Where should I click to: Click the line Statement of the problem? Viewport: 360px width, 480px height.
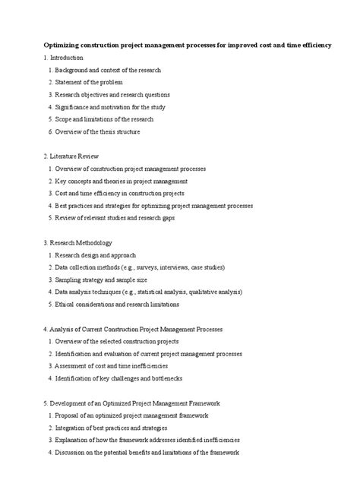pos(89,82)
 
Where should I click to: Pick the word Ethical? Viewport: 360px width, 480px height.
pos(66,304)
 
